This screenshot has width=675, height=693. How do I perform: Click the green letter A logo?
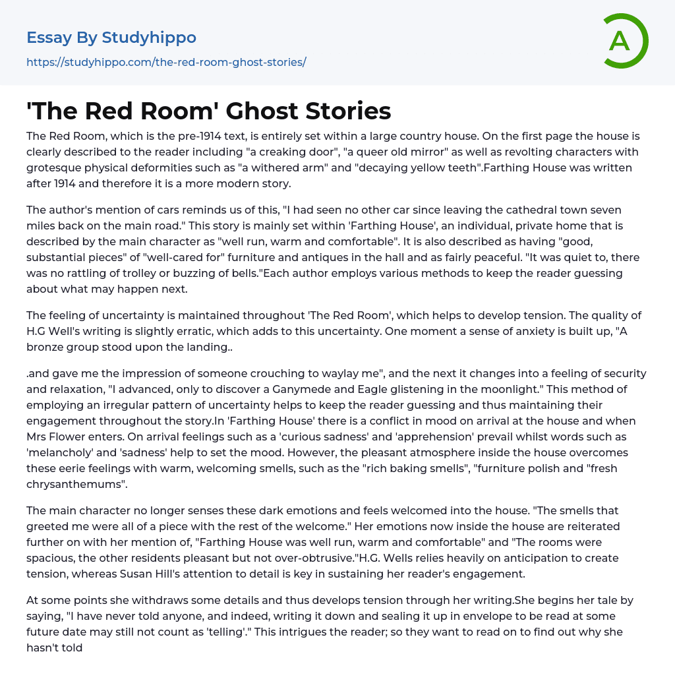click(624, 41)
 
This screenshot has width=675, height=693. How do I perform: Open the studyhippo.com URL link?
click(166, 62)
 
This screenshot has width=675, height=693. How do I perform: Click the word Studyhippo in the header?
click(149, 38)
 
